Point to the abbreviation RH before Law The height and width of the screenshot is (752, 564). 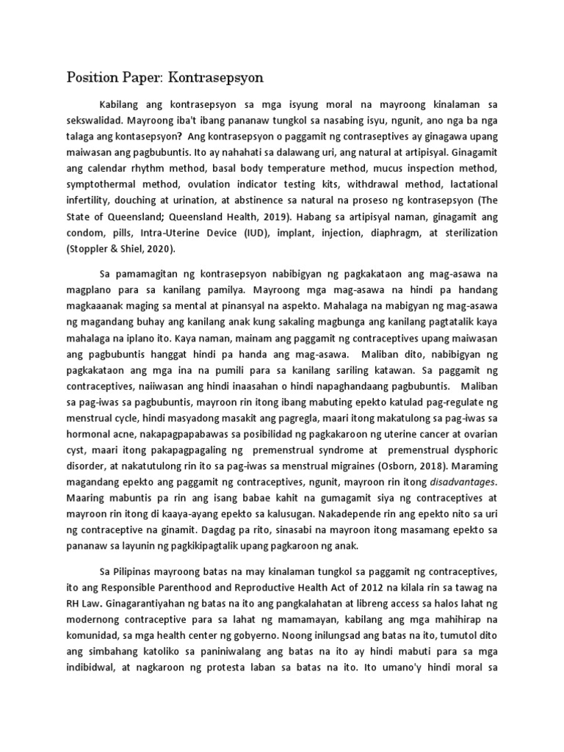point(74,604)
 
